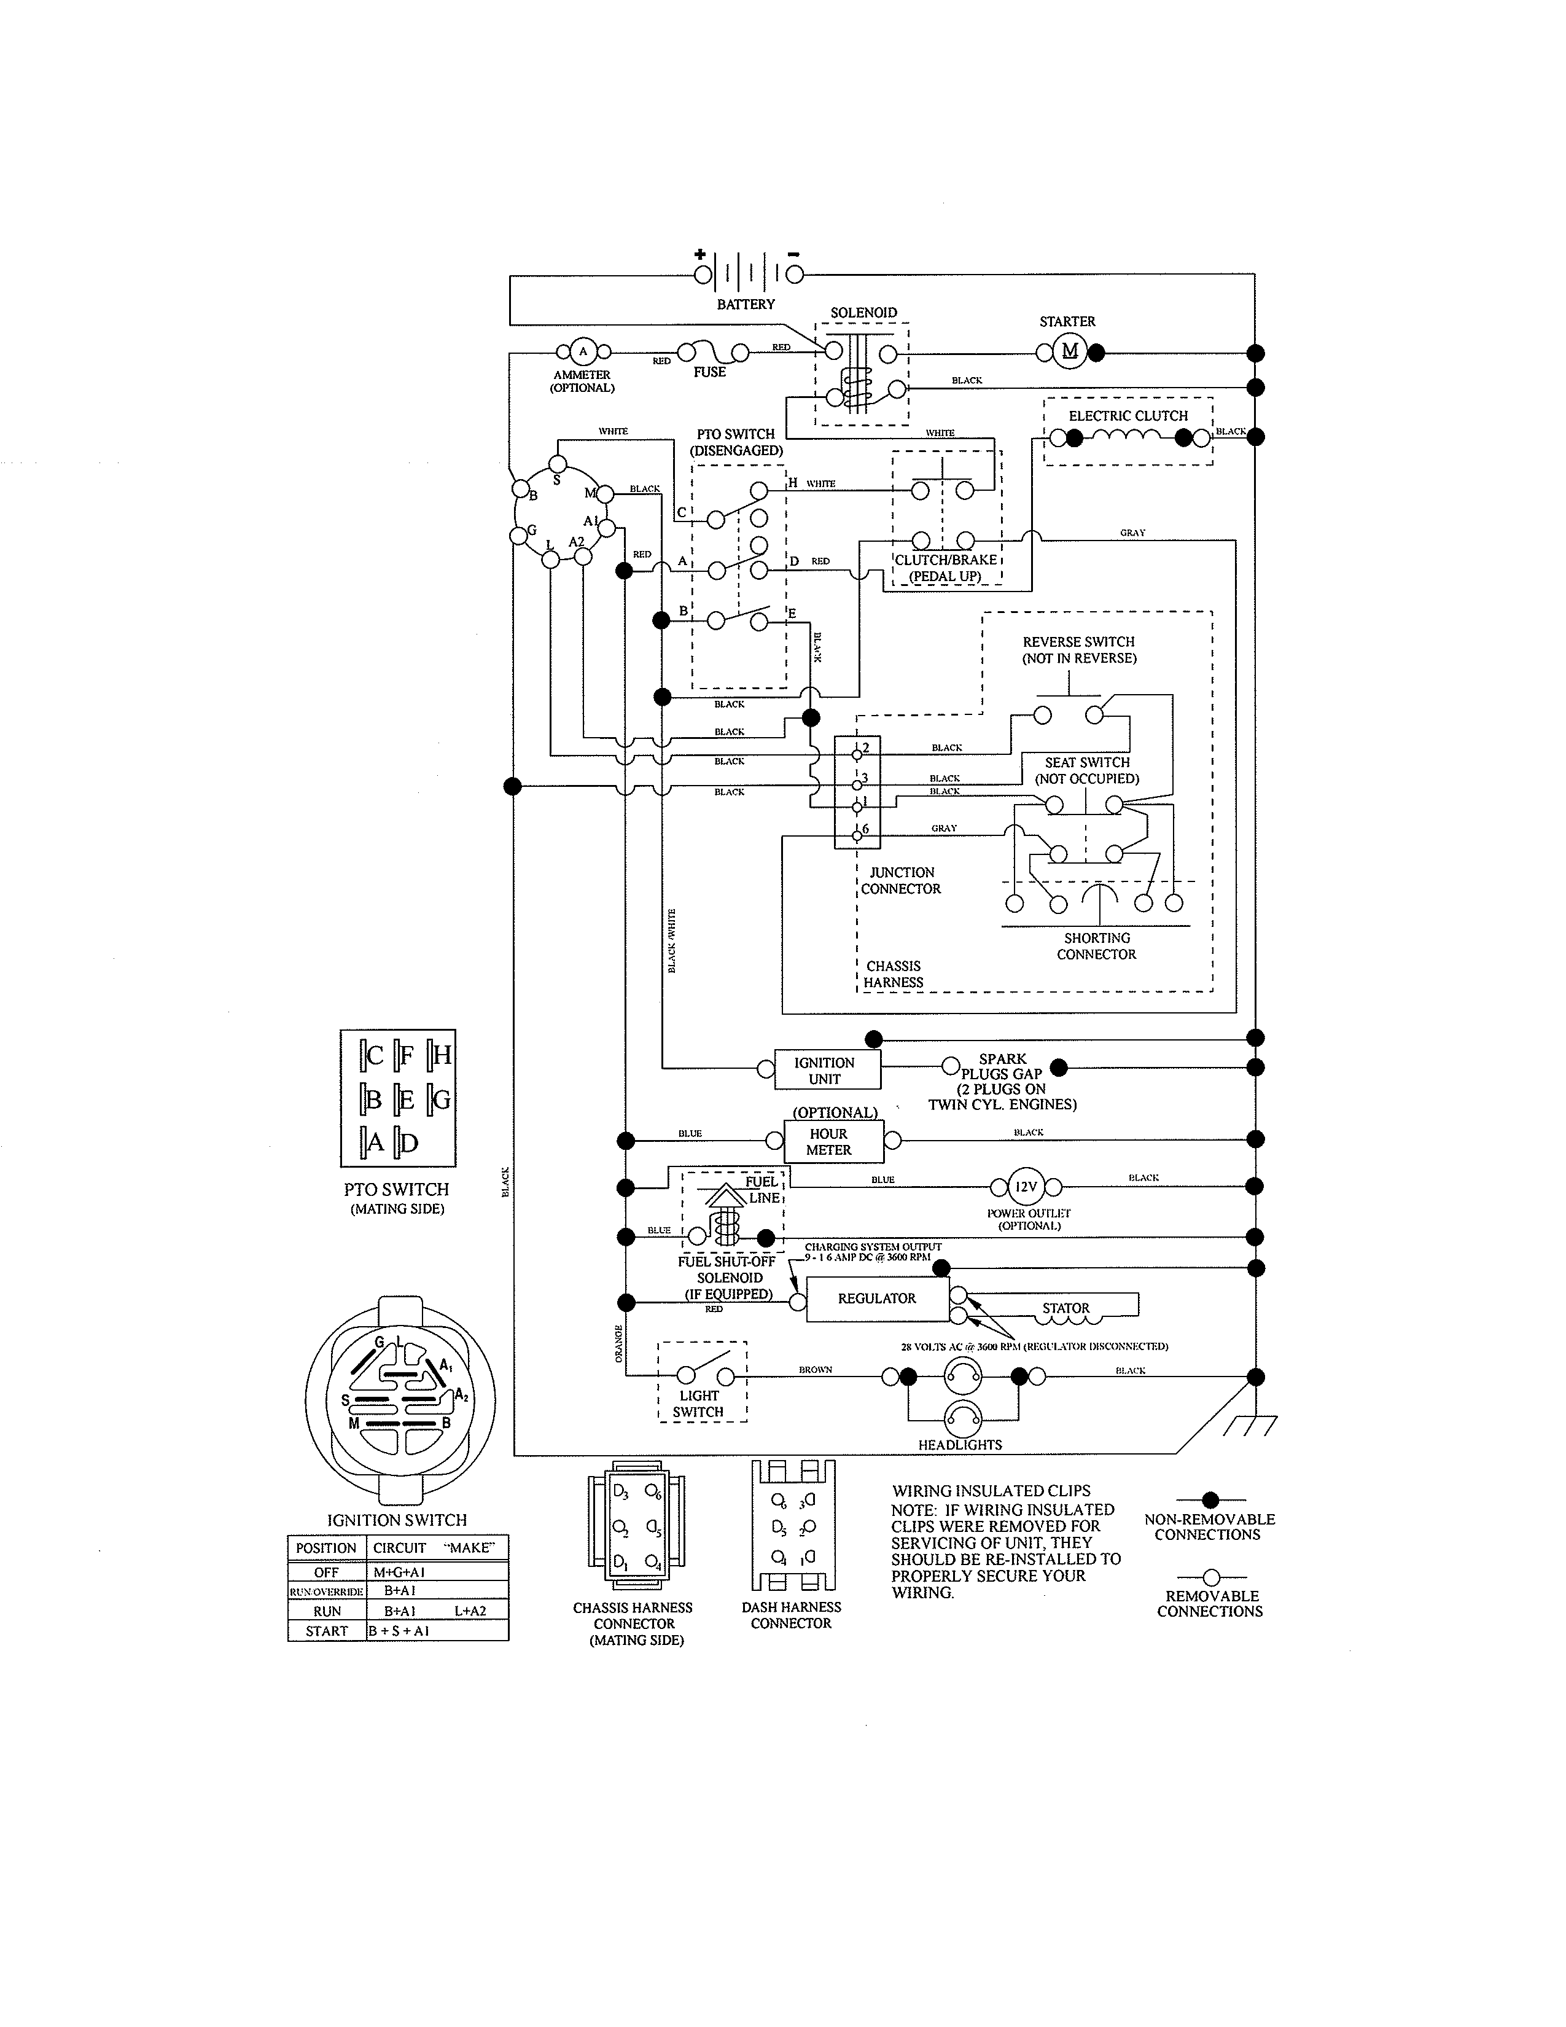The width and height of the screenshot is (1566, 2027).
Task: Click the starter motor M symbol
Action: [1070, 351]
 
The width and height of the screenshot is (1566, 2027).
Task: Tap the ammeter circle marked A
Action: [583, 351]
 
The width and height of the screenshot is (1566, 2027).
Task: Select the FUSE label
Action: [710, 372]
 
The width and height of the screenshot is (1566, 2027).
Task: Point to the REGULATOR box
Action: [877, 1299]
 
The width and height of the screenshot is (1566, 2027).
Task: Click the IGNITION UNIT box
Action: [824, 1070]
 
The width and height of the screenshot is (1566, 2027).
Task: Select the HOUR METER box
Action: [828, 1142]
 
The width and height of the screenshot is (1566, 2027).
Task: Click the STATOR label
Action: [1065, 1308]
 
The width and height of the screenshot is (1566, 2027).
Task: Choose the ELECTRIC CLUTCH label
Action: [1128, 416]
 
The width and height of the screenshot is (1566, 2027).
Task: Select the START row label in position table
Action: [327, 1631]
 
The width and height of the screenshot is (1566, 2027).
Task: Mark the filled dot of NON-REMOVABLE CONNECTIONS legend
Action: [1210, 1499]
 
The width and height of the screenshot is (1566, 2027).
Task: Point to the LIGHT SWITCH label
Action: [699, 1404]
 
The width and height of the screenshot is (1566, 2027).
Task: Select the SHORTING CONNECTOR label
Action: [1097, 946]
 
